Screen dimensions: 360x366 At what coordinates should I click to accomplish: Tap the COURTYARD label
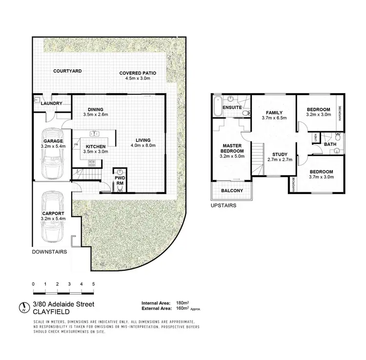click(x=68, y=71)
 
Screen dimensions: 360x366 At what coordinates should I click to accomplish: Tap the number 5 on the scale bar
click(x=93, y=284)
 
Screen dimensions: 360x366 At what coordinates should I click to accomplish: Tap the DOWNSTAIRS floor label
click(x=49, y=252)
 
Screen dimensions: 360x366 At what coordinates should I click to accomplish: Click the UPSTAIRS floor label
click(x=224, y=206)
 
